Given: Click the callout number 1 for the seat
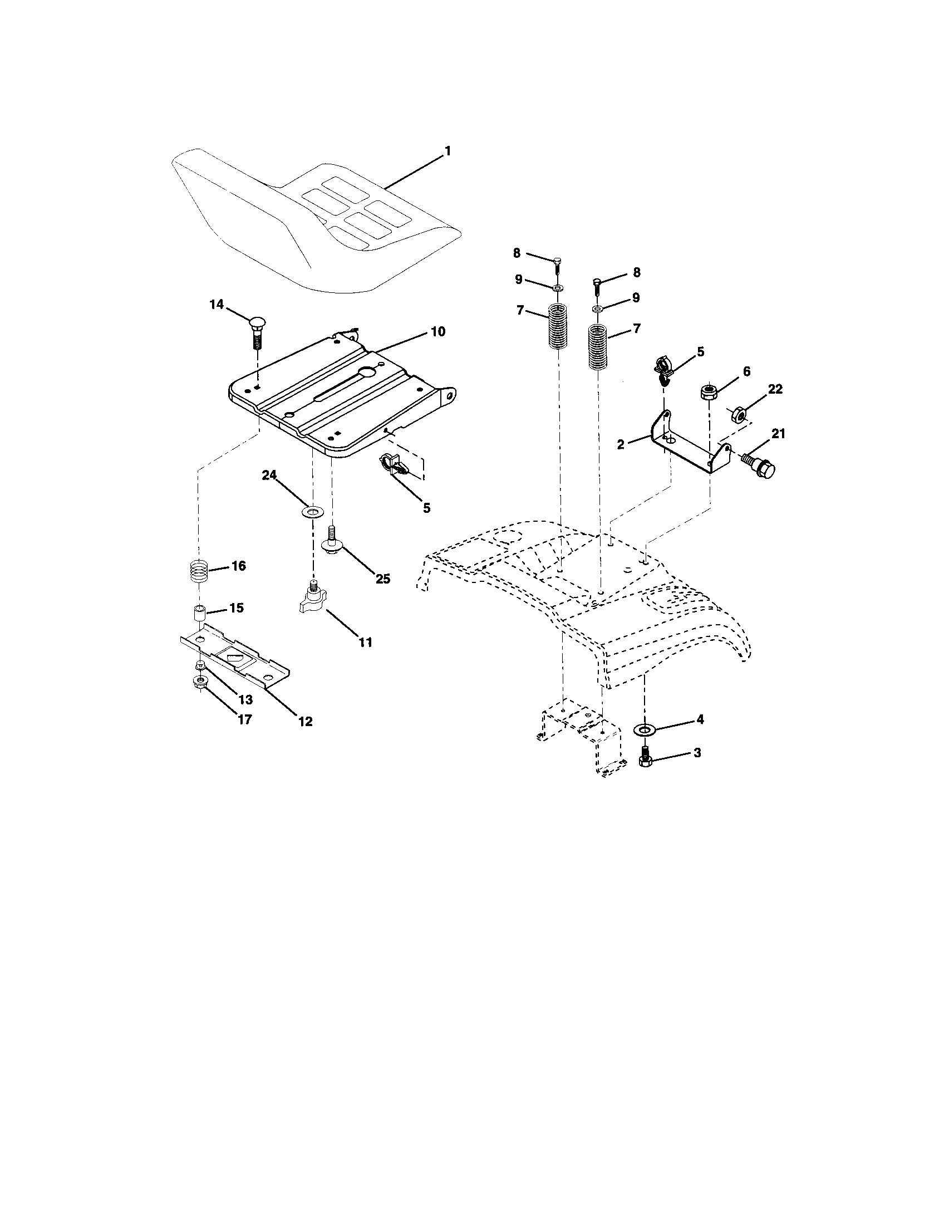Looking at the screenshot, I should pos(448,151).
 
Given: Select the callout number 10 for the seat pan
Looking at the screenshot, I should pos(438,331).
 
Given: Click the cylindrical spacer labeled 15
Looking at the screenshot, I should pos(199,612).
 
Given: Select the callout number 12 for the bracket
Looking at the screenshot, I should pos(305,721).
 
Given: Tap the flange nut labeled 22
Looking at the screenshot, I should pos(738,414).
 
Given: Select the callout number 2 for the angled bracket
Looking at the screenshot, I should pos(621,444).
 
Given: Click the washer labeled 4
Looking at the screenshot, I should pos(643,729).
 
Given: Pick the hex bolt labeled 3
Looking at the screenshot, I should pos(645,757).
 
